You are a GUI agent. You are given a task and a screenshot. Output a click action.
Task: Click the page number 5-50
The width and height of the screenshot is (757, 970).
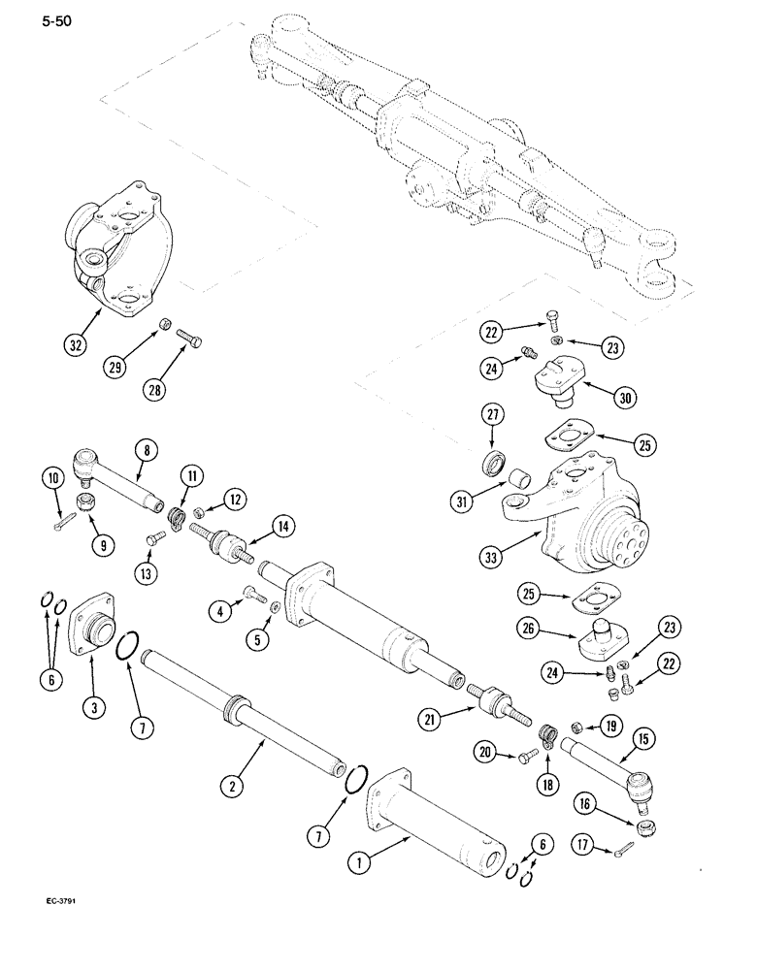pos(29,16)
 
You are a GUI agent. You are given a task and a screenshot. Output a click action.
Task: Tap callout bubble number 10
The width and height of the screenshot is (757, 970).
pos(51,477)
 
